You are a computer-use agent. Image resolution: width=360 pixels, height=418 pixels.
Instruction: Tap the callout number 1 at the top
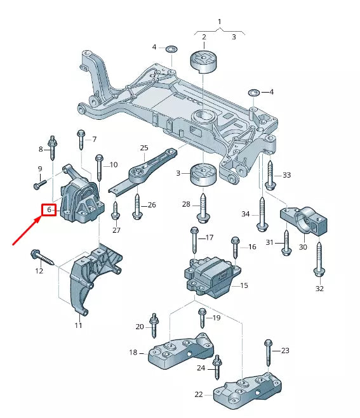(220, 22)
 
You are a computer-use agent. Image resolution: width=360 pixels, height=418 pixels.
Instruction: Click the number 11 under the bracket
(78, 325)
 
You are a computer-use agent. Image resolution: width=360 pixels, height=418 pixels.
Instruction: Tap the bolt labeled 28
(203, 207)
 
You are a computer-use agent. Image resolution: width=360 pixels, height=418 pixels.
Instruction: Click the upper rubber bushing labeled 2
(204, 62)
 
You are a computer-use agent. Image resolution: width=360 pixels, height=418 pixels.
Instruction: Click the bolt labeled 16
(236, 249)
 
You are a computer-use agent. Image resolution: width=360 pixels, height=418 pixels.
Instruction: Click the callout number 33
(286, 175)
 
